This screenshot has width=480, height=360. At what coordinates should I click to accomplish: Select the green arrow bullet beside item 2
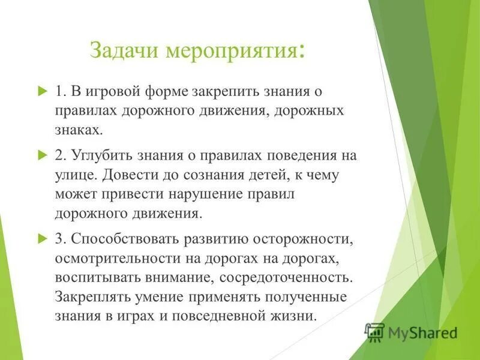coord(41,155)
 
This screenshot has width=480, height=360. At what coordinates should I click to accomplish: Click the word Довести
coord(125,175)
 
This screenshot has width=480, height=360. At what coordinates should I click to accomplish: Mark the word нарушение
coord(208,194)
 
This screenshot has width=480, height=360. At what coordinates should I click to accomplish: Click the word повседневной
coord(216,316)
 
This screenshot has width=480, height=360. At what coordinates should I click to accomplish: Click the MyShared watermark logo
coord(412,332)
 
